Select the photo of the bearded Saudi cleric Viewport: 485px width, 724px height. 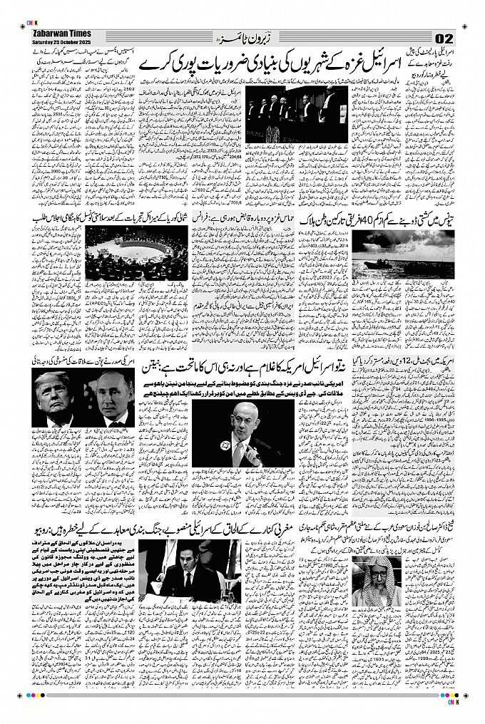(376, 578)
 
